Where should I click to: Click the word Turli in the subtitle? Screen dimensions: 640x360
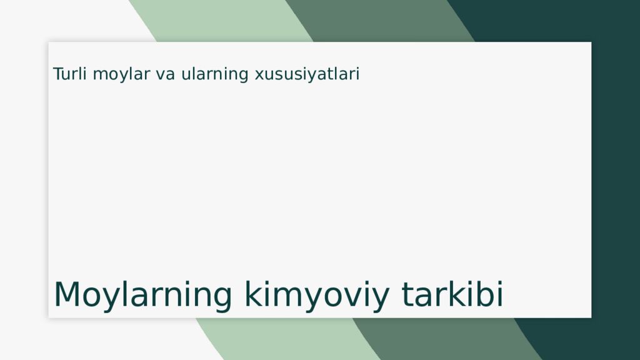coord(69,74)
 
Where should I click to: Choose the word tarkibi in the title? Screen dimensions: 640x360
coord(452,294)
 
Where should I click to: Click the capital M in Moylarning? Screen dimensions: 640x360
coord(67,294)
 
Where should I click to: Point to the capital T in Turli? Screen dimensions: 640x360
coord(59,74)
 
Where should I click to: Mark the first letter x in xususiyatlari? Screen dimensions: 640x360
coord(260,76)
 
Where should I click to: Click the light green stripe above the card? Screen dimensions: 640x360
coord(221,21)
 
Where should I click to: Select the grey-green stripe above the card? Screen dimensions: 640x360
coord(379,21)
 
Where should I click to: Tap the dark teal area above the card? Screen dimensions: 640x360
coord(543,21)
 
